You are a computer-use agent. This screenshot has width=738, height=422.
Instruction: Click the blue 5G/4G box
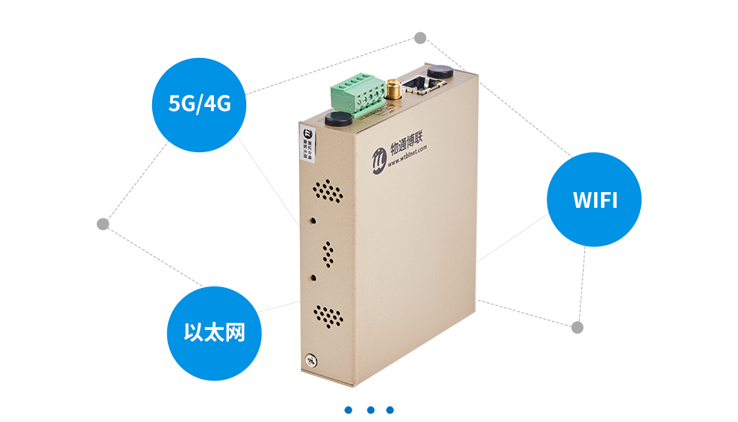199,105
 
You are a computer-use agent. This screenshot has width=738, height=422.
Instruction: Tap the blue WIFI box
593,200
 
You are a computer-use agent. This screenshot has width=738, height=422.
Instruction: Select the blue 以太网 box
214,333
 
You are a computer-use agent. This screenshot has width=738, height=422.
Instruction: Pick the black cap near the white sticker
340,119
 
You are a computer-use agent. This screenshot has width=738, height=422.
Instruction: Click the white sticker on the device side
308,141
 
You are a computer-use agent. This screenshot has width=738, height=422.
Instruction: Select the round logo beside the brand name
380,158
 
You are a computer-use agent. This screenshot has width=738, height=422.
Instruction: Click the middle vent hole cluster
329,253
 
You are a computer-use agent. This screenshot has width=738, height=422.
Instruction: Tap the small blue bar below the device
368,410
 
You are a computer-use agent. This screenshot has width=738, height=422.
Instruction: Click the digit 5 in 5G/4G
174,105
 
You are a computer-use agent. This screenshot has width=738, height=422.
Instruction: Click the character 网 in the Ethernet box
236,333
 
